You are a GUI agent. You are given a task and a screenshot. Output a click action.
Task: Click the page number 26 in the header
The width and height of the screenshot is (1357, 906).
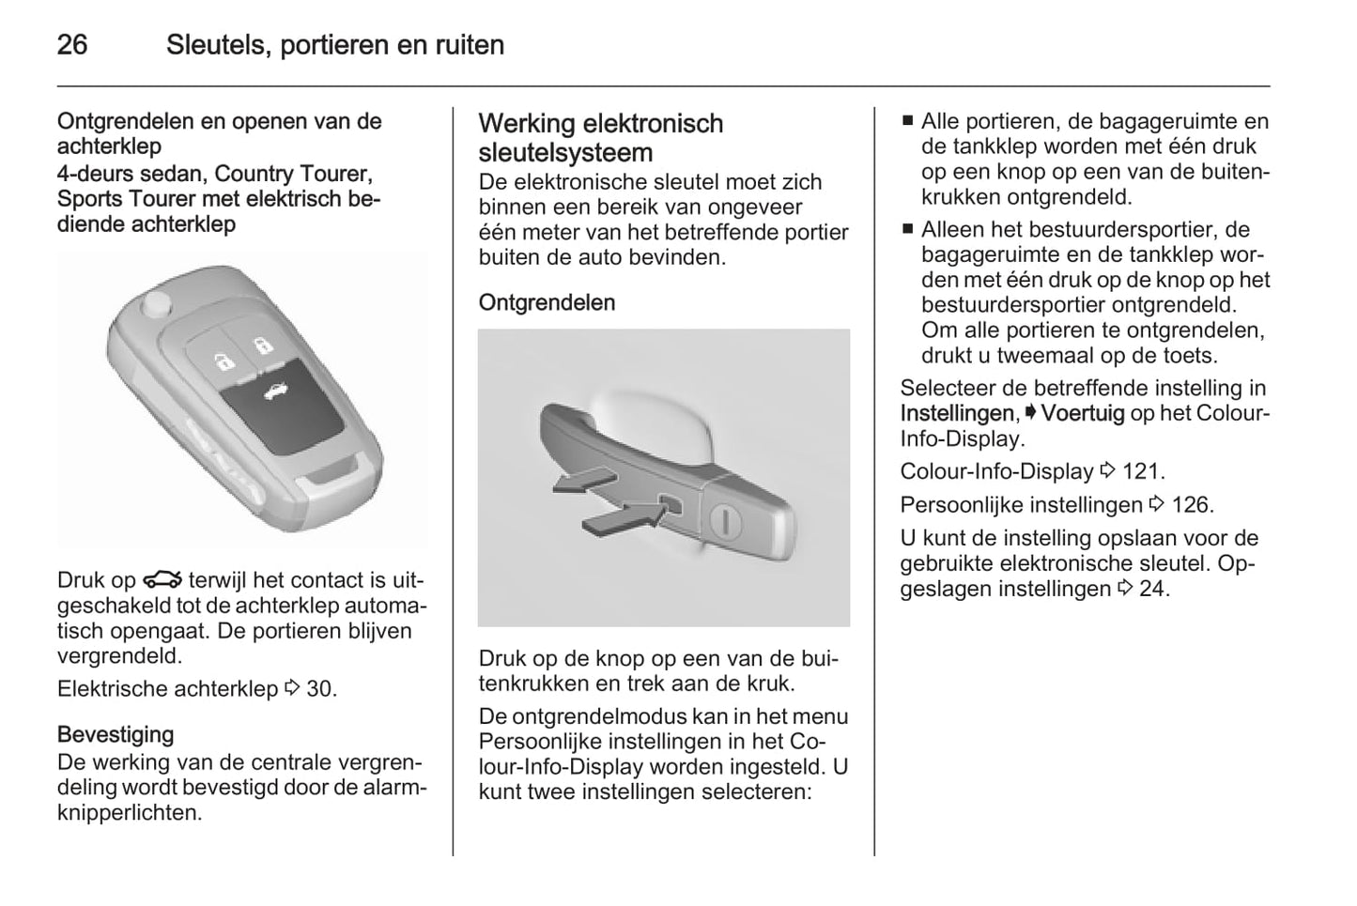pyautogui.click(x=72, y=44)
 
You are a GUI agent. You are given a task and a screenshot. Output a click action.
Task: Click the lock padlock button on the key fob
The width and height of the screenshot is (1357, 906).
pyautogui.click(x=263, y=345)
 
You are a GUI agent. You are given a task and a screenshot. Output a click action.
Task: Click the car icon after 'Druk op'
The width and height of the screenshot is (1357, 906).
pyautogui.click(x=162, y=580)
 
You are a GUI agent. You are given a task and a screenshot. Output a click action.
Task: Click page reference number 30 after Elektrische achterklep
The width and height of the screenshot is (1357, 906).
pyautogui.click(x=319, y=688)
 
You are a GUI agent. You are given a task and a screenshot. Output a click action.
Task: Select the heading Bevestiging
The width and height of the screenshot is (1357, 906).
pyautogui.click(x=116, y=734)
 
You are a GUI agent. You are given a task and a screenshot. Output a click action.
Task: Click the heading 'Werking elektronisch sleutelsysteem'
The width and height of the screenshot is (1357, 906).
pyautogui.click(x=600, y=137)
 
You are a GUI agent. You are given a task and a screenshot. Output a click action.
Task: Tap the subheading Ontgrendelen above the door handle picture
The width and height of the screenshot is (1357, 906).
pyautogui.click(x=547, y=302)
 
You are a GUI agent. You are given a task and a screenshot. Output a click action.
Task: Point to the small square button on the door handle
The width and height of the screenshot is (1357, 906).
pyautogui.click(x=672, y=505)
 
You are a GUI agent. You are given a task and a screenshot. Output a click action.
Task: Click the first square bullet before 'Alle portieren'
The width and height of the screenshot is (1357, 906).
pyautogui.click(x=907, y=121)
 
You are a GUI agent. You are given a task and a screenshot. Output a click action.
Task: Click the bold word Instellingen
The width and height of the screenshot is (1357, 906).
pyautogui.click(x=957, y=413)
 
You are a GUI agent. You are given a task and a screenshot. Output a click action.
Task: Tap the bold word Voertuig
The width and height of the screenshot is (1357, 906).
pyautogui.click(x=1083, y=413)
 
